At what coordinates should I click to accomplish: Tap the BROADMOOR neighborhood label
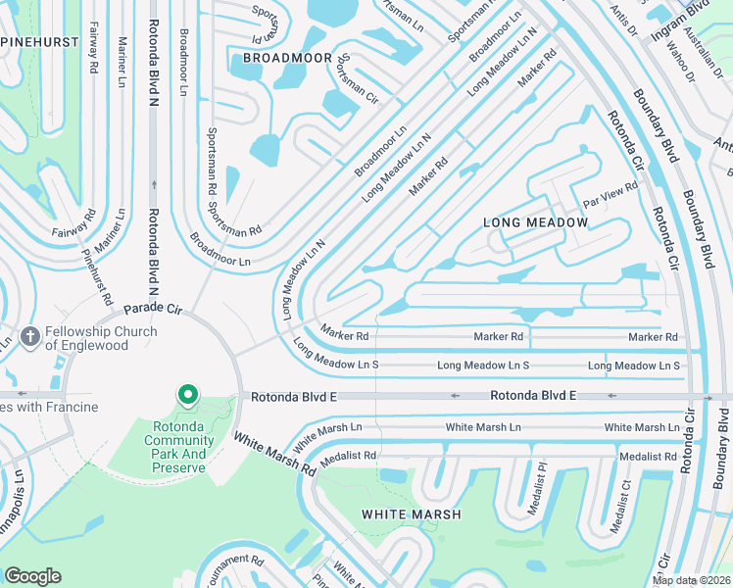click(287, 58)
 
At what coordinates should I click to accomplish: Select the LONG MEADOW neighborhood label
click(536, 222)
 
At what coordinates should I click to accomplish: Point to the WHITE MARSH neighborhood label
click(403, 514)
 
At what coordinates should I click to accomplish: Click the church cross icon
click(30, 338)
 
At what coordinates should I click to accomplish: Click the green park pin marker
click(187, 396)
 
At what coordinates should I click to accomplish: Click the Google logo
click(33, 576)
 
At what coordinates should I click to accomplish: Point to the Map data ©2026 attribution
click(691, 580)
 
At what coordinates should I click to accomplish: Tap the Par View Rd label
click(610, 194)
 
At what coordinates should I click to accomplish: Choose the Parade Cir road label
click(153, 309)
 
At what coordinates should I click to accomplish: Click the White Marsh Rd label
click(274, 454)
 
